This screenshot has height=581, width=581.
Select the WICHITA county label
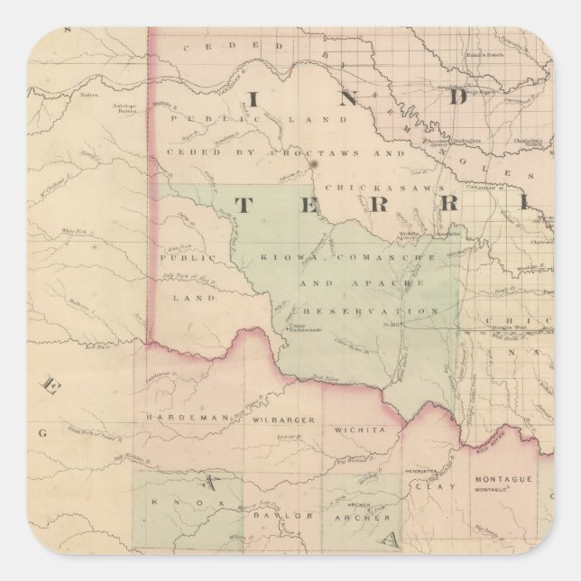pyautogui.click(x=360, y=430)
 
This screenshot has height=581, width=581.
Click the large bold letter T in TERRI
pyautogui.click(x=244, y=205)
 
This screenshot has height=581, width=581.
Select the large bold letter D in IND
pyautogui.click(x=456, y=95)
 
